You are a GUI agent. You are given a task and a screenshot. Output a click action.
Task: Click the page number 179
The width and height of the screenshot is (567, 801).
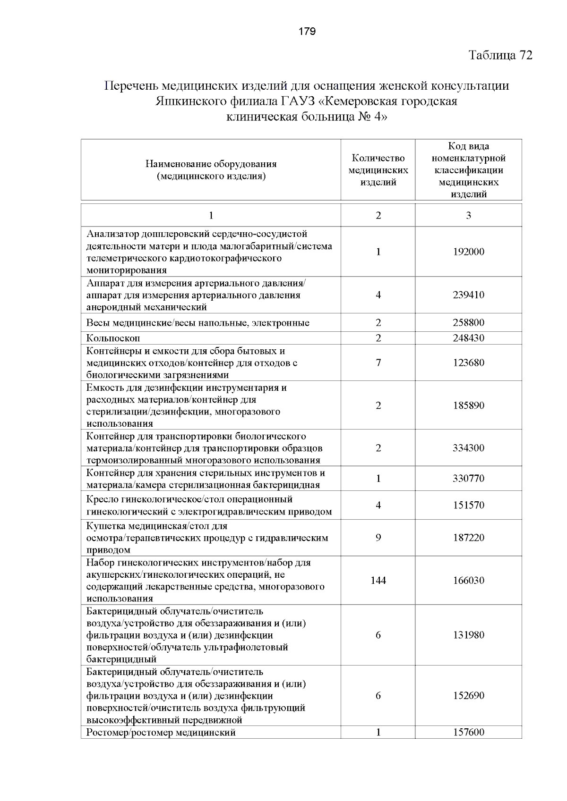click(x=307, y=32)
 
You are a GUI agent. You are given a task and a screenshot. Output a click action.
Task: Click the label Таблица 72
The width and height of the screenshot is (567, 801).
click(x=500, y=55)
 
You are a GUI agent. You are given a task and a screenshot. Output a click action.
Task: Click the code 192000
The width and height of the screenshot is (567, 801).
click(x=468, y=252)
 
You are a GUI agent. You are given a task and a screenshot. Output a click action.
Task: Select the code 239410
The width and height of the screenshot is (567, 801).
click(x=468, y=295)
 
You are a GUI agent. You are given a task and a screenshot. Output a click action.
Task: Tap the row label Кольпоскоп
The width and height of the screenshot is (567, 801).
click(x=113, y=338)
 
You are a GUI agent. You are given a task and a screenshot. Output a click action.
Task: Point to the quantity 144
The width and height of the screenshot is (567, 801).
click(x=378, y=581)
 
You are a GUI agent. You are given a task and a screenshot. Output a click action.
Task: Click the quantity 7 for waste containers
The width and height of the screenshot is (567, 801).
click(x=378, y=363)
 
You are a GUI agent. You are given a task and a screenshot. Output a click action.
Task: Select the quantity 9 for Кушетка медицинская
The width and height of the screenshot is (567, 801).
click(x=378, y=538)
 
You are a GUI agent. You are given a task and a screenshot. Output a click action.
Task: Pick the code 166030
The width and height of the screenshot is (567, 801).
click(x=468, y=581)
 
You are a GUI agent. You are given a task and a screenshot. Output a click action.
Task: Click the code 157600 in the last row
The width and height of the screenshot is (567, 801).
click(x=468, y=732)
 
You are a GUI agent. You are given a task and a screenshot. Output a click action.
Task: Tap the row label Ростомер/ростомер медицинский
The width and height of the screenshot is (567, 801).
click(x=161, y=733)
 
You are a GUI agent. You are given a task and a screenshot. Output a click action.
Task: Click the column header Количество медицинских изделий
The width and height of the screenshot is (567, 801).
click(x=378, y=170)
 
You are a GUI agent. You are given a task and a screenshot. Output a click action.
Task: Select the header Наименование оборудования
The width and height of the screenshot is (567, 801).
click(x=211, y=164)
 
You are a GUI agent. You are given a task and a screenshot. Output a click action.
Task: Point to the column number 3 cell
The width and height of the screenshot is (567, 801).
click(x=468, y=215)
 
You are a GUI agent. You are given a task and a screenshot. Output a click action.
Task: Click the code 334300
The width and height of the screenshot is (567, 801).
click(x=468, y=448)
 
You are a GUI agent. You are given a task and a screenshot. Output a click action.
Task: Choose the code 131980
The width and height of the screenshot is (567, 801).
click(x=468, y=635)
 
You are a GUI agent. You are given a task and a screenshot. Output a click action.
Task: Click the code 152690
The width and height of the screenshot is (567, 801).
click(x=468, y=696)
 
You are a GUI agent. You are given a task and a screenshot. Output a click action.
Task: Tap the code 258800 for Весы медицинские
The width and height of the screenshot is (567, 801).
click(x=468, y=323)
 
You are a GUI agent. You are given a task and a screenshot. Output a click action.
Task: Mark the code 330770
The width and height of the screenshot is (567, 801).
click(x=468, y=479)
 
